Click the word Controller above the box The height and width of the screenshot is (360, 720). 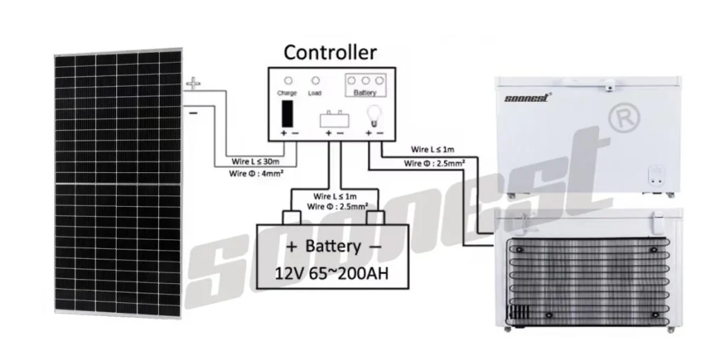click(330, 52)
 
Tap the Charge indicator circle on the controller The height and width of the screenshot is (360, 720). click(288, 81)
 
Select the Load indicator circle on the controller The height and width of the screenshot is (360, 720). click(316, 81)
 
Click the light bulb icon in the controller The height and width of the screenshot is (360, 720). click(375, 112)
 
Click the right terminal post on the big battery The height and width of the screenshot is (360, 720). click(373, 217)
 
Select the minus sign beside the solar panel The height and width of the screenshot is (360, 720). click(193, 111)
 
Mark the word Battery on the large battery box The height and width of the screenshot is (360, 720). click(334, 247)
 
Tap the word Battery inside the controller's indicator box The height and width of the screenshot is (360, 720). click(366, 93)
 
